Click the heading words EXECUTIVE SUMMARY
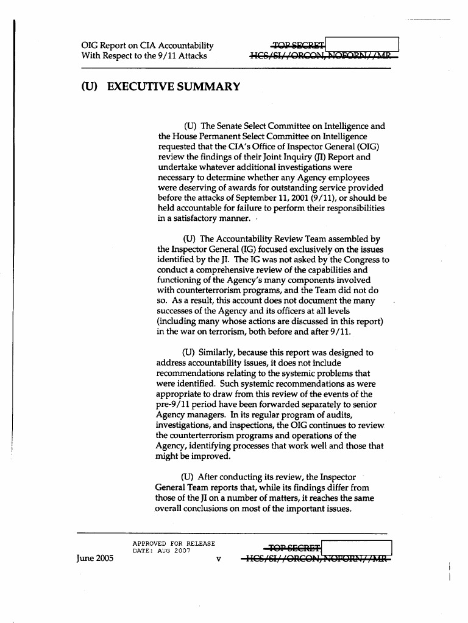(173, 87)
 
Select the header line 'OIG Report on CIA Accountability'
(147, 46)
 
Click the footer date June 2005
(95, 559)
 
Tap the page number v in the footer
(218, 560)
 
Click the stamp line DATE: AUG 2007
(161, 551)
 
